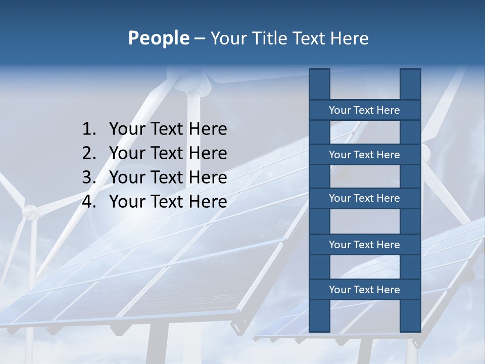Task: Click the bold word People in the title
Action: click(x=159, y=38)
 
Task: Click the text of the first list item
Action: click(x=168, y=129)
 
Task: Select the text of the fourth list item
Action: click(x=168, y=202)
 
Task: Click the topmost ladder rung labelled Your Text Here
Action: click(x=364, y=110)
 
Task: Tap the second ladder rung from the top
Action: click(x=364, y=155)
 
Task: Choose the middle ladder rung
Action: click(x=364, y=198)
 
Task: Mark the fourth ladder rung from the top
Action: click(x=364, y=245)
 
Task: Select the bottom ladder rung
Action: click(x=364, y=290)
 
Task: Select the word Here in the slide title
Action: click(x=349, y=38)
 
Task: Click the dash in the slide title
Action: click(x=199, y=38)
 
